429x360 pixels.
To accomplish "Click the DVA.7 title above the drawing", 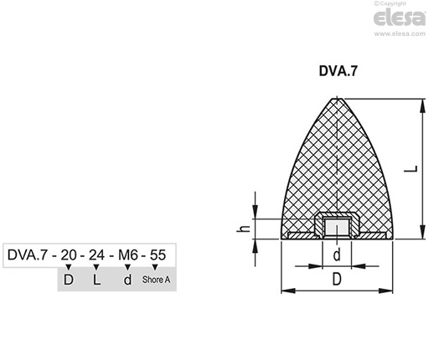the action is coord(338,71).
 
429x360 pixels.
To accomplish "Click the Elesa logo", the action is coord(400,18).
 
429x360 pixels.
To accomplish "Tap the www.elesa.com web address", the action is coord(400,33).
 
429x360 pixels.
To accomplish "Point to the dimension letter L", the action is coord(411,169).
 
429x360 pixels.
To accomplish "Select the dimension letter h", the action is coord(243,229).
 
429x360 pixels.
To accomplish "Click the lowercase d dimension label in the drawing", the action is coord(337,255).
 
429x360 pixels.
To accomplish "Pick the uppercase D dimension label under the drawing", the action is coord(337,279).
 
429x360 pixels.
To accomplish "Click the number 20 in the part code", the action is coord(69,255).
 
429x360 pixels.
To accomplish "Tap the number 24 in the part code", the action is coord(96,255).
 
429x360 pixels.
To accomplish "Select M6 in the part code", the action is coord(128,255).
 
